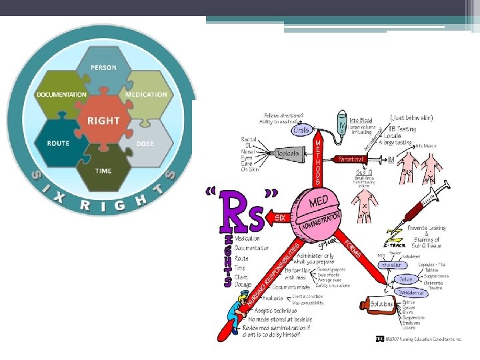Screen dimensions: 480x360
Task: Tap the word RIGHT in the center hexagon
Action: [x=103, y=121]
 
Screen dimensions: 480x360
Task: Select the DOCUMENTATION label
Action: [x=62, y=94]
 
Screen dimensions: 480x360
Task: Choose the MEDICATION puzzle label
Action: [x=146, y=94]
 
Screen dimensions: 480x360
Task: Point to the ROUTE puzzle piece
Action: [x=58, y=143]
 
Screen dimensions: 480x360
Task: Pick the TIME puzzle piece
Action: [x=103, y=171]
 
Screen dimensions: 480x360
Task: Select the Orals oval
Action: [x=301, y=131]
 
